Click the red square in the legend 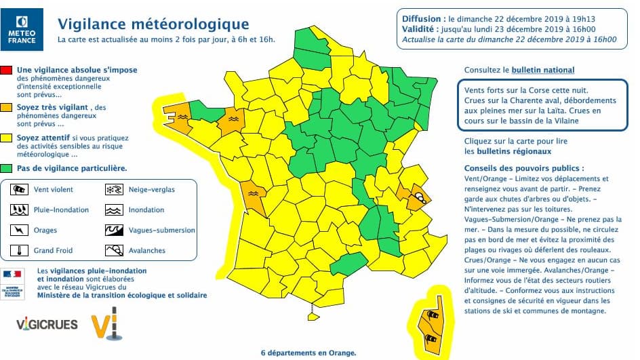point(6,70)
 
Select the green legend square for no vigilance point(6,167)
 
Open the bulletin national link point(543,70)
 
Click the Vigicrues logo point(47,324)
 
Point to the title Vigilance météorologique point(153,24)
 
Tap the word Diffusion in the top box point(423,18)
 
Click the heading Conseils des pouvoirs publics point(523,167)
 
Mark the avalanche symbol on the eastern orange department point(420,198)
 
